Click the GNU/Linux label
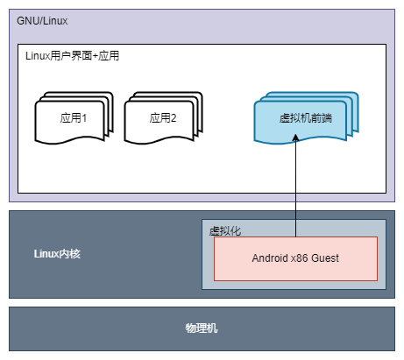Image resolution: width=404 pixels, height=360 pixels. pos(42,21)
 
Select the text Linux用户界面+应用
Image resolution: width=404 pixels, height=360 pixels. pos(72,56)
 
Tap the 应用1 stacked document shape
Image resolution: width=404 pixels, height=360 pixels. pos(74,118)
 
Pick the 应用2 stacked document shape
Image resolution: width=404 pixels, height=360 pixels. pos(163,118)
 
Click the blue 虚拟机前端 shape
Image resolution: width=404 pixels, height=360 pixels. pos(306,118)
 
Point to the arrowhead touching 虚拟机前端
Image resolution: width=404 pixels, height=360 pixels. pos(295,138)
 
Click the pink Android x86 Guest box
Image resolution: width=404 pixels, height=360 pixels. pos(295,258)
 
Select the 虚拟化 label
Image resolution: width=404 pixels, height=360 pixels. pos(225,231)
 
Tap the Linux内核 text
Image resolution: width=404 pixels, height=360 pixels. pos(57,254)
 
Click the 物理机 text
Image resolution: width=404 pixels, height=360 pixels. pos(202,328)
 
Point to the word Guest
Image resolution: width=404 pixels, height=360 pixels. pos(325,258)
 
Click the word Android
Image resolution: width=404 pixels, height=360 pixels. pos(270,258)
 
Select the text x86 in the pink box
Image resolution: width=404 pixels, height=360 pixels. pos(300,258)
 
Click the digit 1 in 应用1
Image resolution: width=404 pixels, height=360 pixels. pos(84,118)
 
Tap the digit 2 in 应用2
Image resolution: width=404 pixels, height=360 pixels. pos(174,118)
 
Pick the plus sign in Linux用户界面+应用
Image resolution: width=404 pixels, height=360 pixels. pos(95,56)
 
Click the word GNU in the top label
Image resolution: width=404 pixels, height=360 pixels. pos(25,21)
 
